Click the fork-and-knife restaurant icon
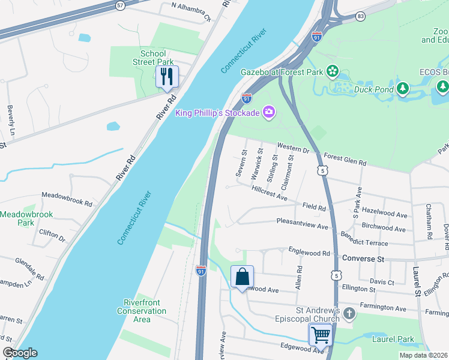[167, 76]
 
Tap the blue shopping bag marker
[242, 277]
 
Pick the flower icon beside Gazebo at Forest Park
[332, 71]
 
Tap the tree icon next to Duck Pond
[404, 89]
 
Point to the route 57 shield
[119, 5]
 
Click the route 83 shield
[360, 17]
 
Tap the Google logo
[20, 353]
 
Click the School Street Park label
[153, 58]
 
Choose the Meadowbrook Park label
[26, 218]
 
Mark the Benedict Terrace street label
[364, 243]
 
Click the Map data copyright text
[423, 355]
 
